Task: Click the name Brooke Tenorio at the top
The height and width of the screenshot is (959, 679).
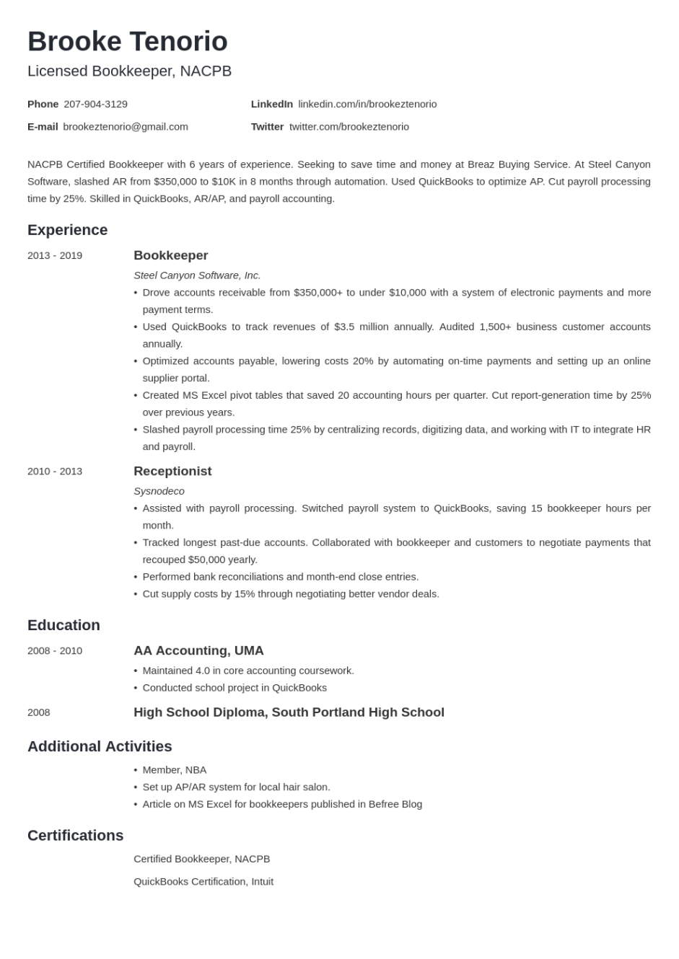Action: click(128, 42)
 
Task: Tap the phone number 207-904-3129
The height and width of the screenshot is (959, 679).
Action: click(95, 104)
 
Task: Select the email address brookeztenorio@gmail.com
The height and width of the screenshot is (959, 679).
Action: click(126, 126)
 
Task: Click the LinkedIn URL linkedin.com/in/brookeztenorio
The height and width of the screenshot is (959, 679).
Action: click(367, 104)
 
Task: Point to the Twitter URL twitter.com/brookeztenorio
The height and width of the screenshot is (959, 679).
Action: click(349, 126)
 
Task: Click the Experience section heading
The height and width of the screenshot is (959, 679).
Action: click(67, 230)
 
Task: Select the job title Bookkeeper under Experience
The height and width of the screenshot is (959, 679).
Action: click(170, 255)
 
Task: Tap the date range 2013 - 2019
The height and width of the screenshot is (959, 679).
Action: click(55, 255)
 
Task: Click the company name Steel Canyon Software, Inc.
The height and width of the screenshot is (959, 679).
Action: click(197, 275)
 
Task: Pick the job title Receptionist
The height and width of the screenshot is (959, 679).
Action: click(172, 471)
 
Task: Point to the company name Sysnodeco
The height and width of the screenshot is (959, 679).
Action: click(159, 491)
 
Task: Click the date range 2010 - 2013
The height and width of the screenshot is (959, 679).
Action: click(55, 471)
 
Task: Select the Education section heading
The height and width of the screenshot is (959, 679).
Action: click(63, 625)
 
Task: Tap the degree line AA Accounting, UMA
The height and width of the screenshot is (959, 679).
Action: click(198, 650)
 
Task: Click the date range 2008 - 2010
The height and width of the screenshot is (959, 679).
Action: click(55, 650)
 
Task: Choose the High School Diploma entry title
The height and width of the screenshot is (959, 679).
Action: click(289, 712)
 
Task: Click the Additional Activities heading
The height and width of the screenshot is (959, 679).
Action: click(100, 746)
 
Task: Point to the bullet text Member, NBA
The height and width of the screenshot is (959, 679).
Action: click(174, 770)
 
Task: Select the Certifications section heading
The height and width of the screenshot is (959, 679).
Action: click(75, 835)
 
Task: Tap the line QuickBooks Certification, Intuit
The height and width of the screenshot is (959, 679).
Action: click(203, 881)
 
